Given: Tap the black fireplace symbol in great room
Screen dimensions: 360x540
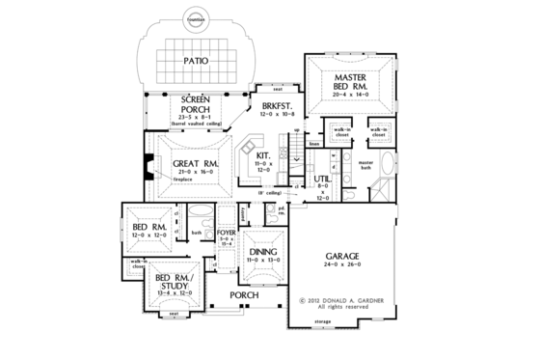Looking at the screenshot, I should pos(148,168).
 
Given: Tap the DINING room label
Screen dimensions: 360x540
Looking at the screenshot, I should pos(260,249).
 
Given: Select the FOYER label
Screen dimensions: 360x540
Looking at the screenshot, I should pos(226,233).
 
